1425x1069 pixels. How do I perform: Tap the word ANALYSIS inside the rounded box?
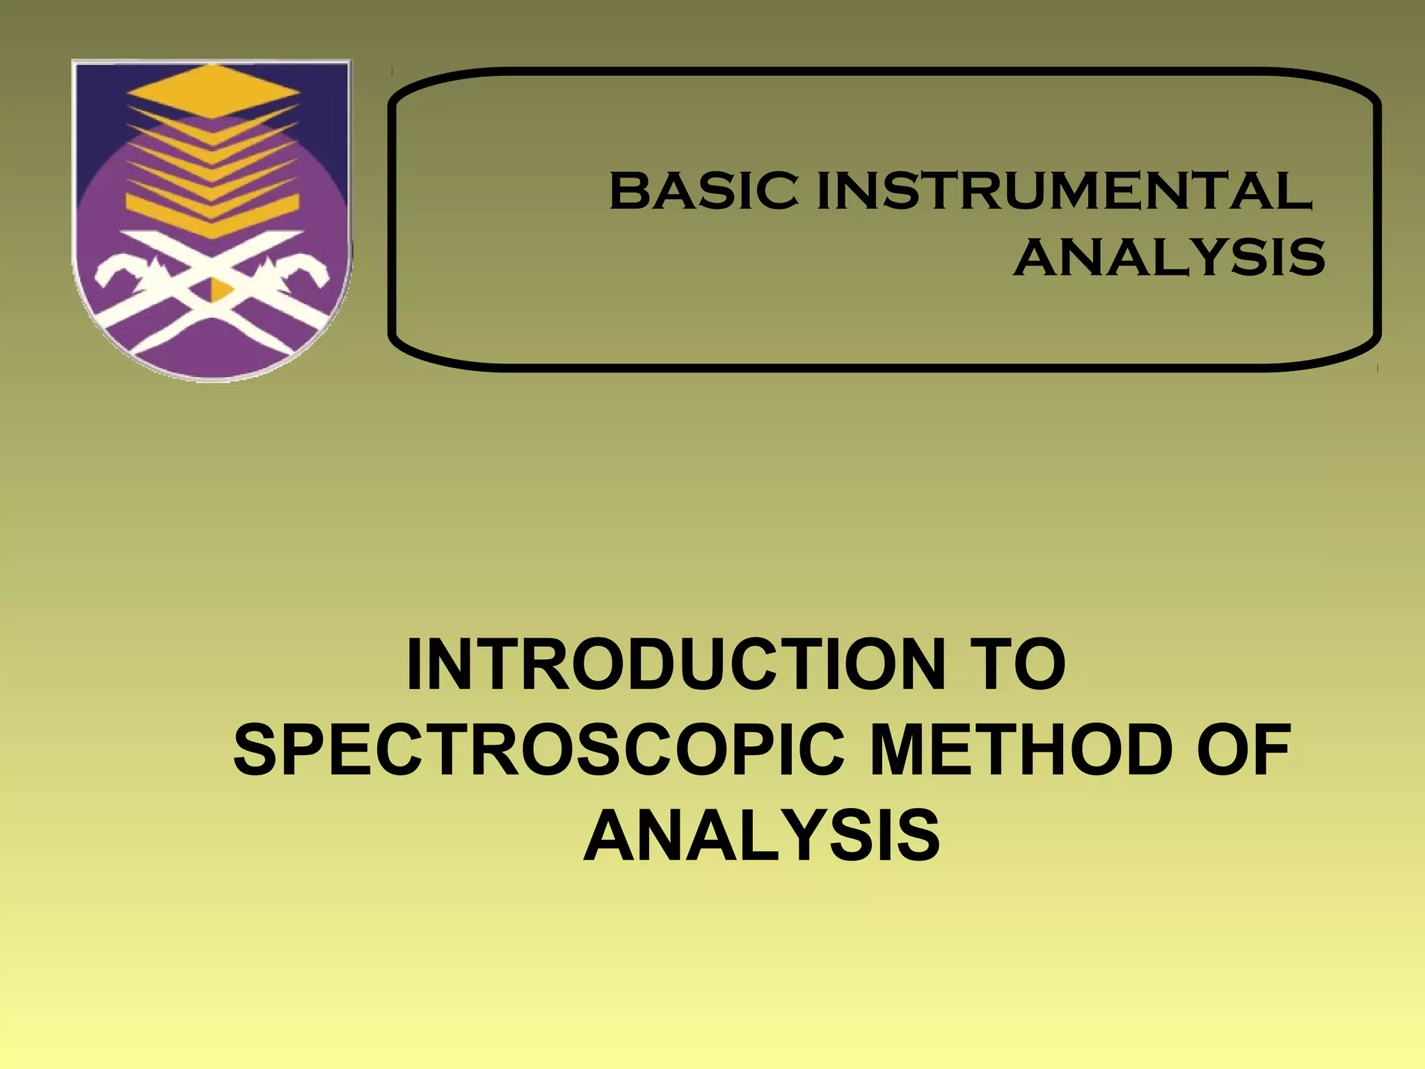(1169, 257)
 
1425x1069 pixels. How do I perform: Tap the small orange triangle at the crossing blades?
(220, 289)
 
